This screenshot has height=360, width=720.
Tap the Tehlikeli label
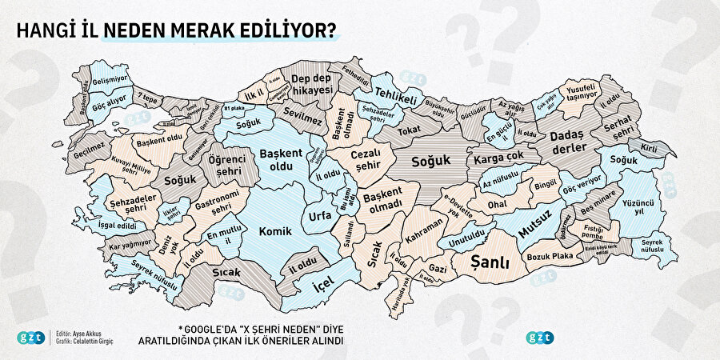397,96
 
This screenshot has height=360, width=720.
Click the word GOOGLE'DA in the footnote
214,329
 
